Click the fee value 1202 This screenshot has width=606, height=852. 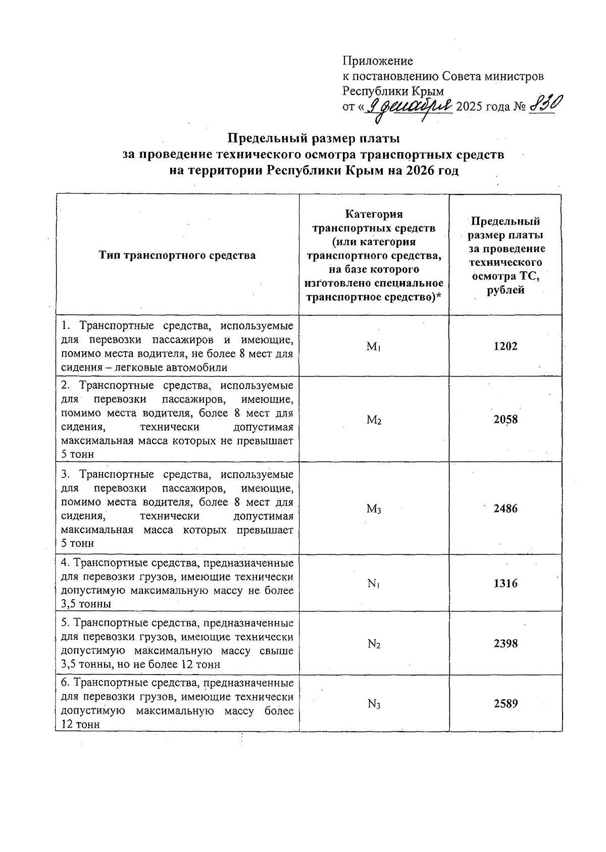pos(506,346)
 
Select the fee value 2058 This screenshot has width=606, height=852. pos(506,419)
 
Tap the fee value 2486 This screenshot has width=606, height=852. pos(506,508)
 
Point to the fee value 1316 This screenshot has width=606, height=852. pos(506,583)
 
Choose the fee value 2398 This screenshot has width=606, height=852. pos(506,644)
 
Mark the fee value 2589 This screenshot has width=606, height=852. pos(506,703)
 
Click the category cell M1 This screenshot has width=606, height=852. pos(374,347)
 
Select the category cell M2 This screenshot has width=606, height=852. pos(374,420)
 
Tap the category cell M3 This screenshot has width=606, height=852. pos(374,509)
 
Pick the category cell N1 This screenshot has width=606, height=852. pos(374,584)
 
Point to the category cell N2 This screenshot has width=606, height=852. pos(374,644)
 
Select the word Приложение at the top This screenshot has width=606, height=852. pos(378,61)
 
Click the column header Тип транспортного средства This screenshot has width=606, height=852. pos(177,255)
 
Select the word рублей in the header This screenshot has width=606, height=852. pos(506,290)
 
